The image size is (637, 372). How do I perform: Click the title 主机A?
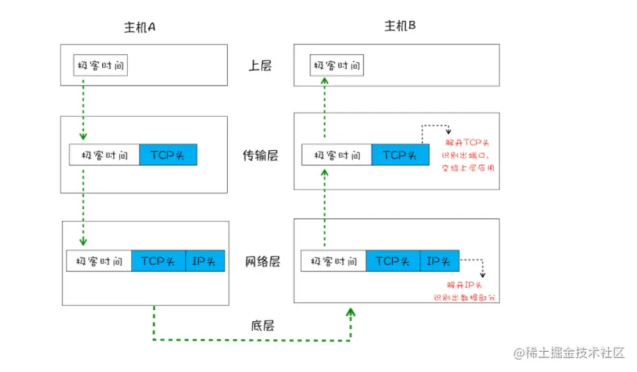138,27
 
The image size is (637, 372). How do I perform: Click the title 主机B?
399,26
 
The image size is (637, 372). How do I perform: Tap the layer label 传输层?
262,156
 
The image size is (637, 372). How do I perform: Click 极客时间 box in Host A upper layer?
101,66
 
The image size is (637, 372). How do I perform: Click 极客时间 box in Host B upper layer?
336,66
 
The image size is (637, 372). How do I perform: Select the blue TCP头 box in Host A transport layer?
168,155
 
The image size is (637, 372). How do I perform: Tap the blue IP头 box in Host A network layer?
205,261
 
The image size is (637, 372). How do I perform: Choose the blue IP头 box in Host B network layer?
439,261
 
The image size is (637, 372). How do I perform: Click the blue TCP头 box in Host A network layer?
158,261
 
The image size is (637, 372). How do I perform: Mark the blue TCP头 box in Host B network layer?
392,261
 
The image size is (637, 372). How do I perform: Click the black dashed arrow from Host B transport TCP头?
436,130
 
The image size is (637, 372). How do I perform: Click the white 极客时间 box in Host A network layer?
99,261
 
